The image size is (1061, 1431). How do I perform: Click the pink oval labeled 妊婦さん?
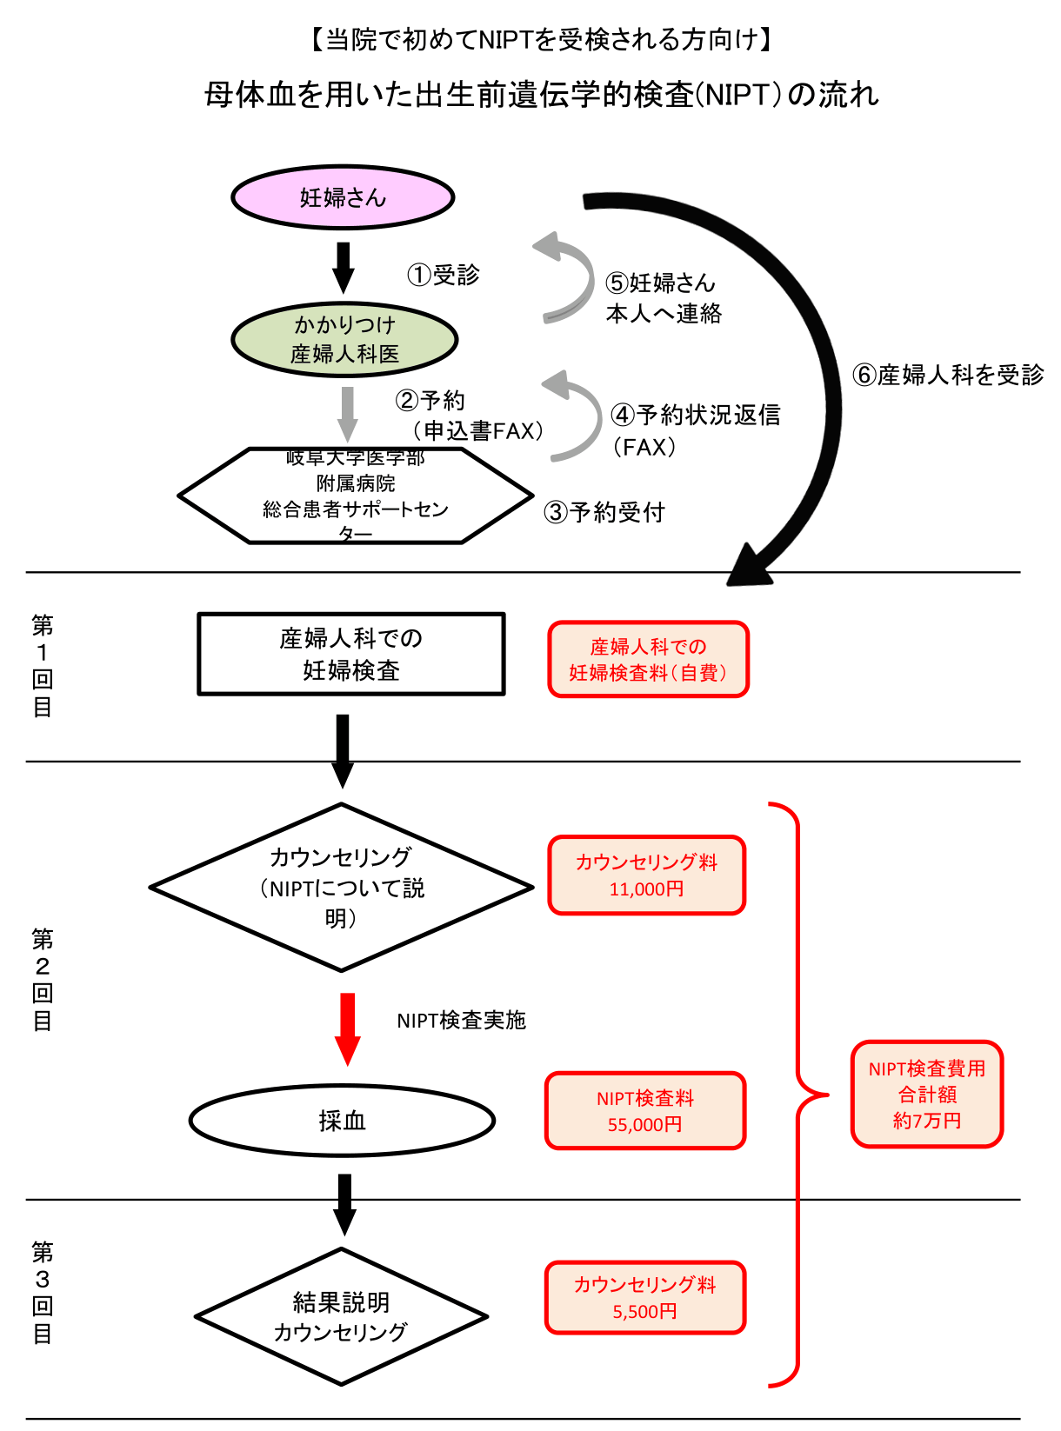[x=343, y=197]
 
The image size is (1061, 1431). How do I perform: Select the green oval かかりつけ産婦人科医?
[x=344, y=339]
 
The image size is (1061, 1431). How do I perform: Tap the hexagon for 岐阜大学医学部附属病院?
[x=355, y=496]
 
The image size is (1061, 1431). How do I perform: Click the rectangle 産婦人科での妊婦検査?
[x=351, y=654]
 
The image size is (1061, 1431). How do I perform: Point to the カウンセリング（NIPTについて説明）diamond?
[x=341, y=887]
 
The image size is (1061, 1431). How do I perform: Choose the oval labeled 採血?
[x=342, y=1121]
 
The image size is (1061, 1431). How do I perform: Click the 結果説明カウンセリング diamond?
[x=341, y=1316]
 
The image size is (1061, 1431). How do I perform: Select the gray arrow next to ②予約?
[x=348, y=414]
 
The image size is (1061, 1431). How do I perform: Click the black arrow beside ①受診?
[x=344, y=267]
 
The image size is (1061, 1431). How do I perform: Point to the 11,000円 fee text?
[x=646, y=889]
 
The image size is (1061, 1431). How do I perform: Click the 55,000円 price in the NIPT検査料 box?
[x=644, y=1125]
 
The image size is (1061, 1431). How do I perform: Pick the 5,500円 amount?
[x=644, y=1312]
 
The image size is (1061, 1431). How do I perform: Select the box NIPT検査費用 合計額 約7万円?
[x=927, y=1095]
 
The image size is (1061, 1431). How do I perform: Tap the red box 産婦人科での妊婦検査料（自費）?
[x=648, y=659]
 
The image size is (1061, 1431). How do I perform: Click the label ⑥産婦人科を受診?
[x=948, y=375]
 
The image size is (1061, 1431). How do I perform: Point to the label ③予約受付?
[x=604, y=512]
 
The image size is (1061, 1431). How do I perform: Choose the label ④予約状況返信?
[x=696, y=415]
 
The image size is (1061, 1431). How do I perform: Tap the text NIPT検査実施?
[x=461, y=1020]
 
